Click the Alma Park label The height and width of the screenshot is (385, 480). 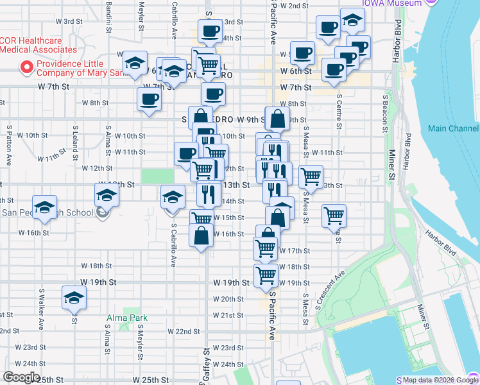127,318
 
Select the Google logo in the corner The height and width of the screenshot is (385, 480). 21,377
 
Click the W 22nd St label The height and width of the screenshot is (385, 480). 184,331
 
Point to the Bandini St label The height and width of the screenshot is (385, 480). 110,16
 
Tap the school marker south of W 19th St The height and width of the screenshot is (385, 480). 74,297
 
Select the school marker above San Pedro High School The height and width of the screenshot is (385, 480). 45,207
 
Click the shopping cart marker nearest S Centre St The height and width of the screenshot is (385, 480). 334,216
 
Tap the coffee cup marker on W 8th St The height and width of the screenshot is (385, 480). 150,99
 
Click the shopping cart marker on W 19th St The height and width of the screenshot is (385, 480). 266,275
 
